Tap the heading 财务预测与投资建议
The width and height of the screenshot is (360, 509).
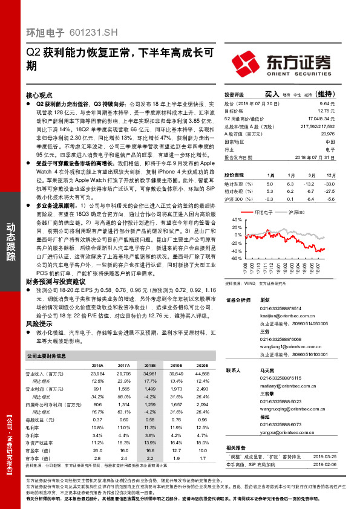[54, 282]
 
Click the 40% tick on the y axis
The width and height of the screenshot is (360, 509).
[229, 219]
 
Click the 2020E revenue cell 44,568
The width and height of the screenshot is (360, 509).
[203, 375]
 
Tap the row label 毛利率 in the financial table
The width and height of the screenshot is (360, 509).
[34, 427]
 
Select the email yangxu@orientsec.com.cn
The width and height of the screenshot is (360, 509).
[283, 433]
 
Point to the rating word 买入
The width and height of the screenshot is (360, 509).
[272, 94]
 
